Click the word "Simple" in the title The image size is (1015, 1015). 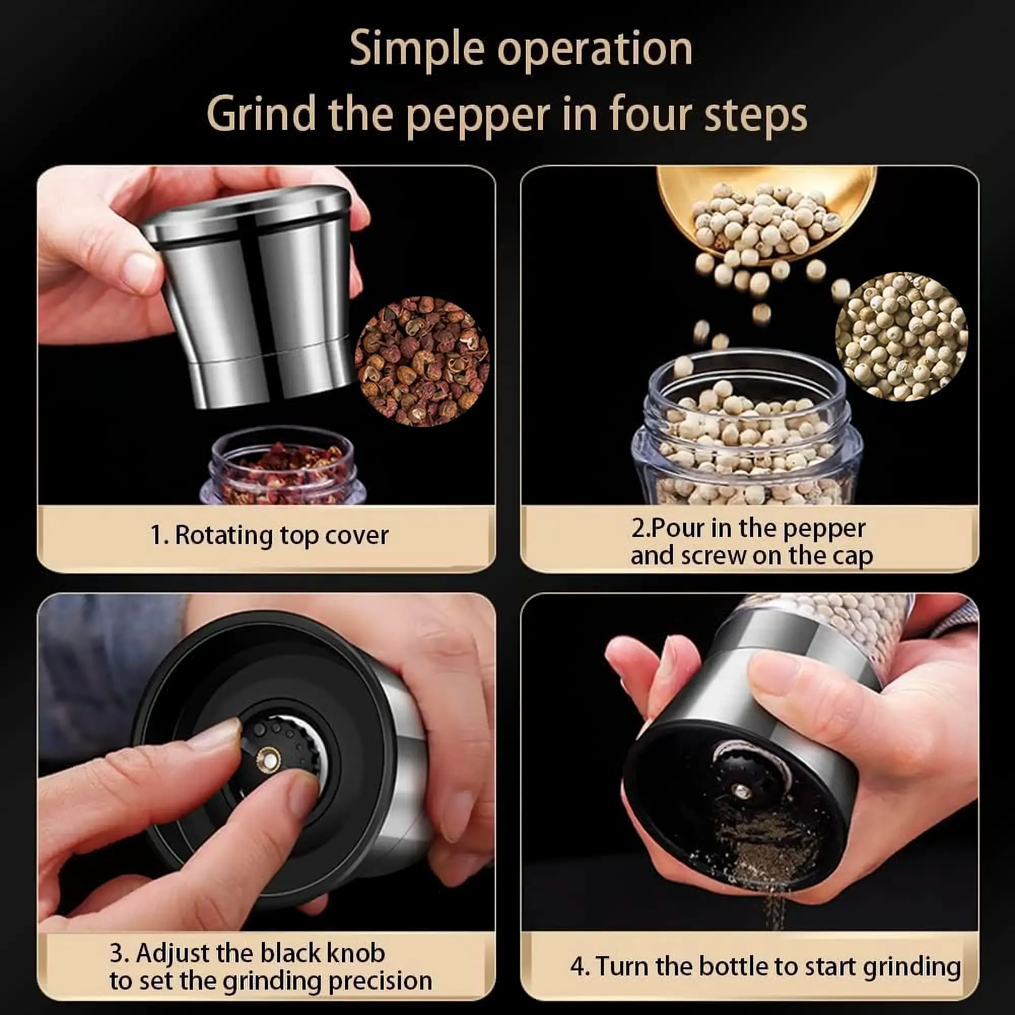point(417,49)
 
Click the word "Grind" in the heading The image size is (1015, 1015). point(260,115)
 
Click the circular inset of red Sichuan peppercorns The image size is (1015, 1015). point(422,361)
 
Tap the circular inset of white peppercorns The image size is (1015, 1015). point(901,336)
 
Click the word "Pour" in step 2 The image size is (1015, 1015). point(678,528)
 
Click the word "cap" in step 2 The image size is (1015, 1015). point(854,557)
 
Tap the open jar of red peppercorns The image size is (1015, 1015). point(283,465)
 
